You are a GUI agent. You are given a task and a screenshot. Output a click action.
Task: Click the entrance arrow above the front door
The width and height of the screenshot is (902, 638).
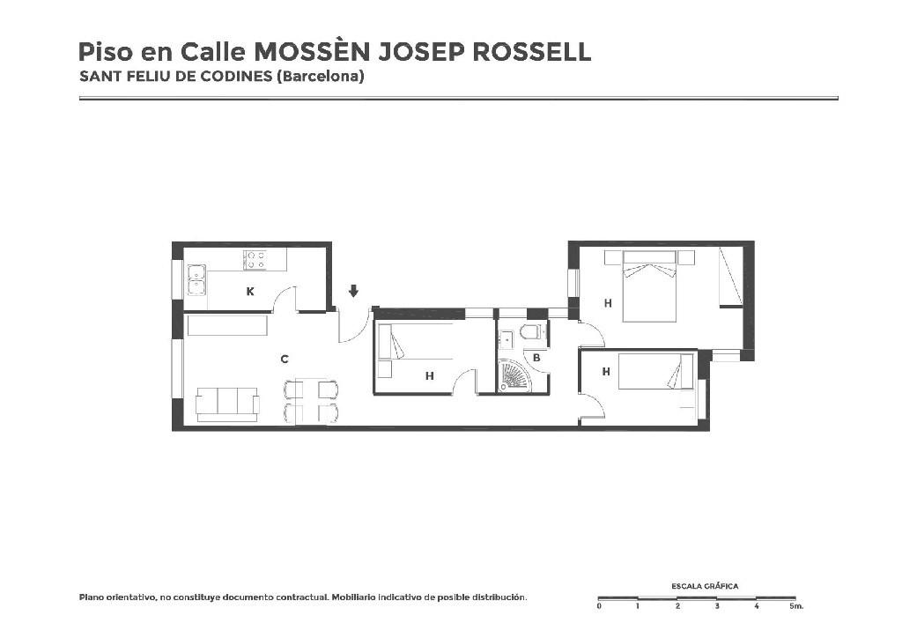coord(353,291)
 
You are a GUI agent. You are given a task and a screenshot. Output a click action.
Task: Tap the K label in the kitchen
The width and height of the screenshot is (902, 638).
coord(249,292)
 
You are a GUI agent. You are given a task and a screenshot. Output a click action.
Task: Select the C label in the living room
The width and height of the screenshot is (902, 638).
coord(285,359)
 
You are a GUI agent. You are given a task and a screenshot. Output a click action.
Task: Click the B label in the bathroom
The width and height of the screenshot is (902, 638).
coord(536,358)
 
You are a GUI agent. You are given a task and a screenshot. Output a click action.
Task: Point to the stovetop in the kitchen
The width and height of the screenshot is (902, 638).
coord(255,260)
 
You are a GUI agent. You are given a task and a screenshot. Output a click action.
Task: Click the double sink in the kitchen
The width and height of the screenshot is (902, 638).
coord(196,279)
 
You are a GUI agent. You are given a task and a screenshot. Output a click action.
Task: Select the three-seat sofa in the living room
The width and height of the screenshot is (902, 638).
coord(226,404)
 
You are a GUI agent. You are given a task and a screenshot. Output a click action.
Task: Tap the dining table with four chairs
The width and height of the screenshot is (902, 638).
coord(311,401)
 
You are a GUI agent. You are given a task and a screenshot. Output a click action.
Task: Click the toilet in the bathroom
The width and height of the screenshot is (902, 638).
coord(530,332)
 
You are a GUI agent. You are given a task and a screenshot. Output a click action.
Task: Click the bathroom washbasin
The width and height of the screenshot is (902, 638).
coord(506,339)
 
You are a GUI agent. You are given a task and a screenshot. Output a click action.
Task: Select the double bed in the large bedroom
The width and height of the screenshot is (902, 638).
coord(649,286)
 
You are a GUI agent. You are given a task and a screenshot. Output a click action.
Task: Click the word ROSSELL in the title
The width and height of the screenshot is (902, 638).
coord(531,52)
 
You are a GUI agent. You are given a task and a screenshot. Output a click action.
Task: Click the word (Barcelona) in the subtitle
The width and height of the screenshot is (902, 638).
coord(321,77)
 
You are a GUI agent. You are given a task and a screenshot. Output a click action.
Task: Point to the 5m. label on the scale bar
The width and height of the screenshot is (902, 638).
coord(796,605)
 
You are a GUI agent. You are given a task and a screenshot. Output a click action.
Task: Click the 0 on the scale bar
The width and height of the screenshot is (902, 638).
coord(599,605)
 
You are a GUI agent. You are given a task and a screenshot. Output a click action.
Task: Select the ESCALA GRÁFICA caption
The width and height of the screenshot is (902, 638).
coord(705,586)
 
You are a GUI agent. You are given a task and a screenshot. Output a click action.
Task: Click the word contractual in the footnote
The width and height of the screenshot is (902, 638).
coord(302,597)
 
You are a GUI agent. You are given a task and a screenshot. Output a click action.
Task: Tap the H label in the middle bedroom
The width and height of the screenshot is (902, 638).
coord(429,376)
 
